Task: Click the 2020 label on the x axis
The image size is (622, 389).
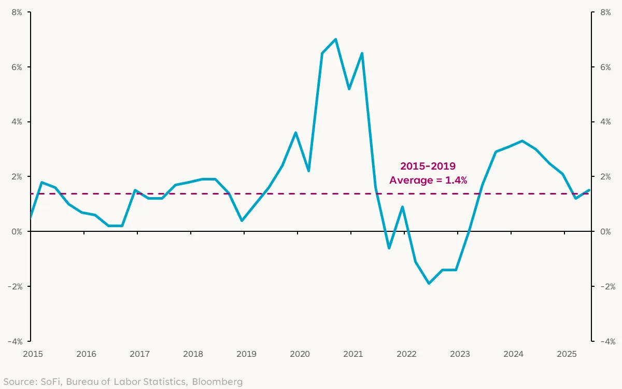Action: [x=300, y=354]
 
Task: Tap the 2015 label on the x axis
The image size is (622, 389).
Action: [x=32, y=354]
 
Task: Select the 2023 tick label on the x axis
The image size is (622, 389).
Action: [x=460, y=354]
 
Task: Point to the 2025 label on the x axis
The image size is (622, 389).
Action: [x=567, y=354]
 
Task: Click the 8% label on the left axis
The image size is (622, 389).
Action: [x=16, y=12]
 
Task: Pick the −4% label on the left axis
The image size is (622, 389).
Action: [x=14, y=341]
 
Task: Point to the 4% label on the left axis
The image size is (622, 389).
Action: [x=16, y=122]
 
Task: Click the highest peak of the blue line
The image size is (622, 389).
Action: [x=335, y=39]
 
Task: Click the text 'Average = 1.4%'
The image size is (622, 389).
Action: [x=428, y=180]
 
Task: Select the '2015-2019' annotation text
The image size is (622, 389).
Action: [x=428, y=166]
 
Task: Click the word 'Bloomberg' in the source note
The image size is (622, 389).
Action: [x=217, y=382]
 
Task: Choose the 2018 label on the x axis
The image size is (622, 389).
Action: [x=193, y=354]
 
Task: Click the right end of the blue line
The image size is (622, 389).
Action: [x=589, y=190]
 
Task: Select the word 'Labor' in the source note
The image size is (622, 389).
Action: [x=128, y=382]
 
